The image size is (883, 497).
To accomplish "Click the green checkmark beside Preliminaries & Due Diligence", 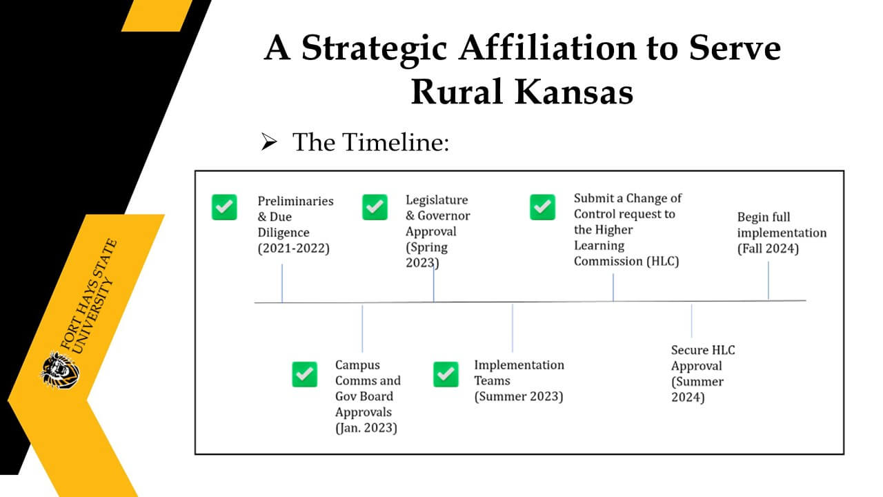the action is tap(224, 207).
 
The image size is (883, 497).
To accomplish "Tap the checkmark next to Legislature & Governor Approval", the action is tap(375, 207).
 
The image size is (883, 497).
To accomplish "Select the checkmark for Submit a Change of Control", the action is tap(542, 207).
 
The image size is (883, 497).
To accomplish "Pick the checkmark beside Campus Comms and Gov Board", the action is tap(305, 374).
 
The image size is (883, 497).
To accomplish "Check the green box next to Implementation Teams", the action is tap(446, 374).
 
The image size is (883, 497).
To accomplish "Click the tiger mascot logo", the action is tap(60, 370).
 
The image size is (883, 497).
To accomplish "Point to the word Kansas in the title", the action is tap(574, 92).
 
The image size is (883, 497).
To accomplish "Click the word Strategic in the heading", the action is tap(374, 49).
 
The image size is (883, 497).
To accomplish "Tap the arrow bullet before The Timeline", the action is tap(269, 142).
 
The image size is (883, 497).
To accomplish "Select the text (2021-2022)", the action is tap(293, 248).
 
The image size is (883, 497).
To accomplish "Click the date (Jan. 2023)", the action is tap(366, 428).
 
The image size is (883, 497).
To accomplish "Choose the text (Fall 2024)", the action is tap(768, 249).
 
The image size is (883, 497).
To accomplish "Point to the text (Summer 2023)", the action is tap(519, 396).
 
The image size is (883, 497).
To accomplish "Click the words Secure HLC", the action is tap(703, 350).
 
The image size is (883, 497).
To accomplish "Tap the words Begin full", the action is tap(764, 217).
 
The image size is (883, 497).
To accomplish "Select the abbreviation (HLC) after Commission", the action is tap(662, 262).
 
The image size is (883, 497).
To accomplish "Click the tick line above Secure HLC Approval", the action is tap(691, 320).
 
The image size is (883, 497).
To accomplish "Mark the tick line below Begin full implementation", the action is tap(768, 281).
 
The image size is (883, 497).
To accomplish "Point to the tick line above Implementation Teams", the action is tap(513, 327).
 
